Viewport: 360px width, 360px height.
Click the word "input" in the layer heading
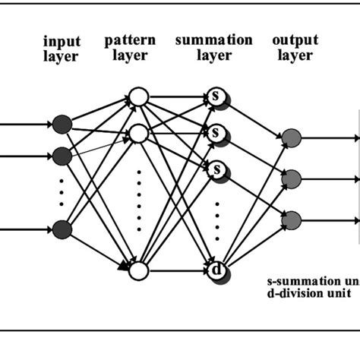click(61, 42)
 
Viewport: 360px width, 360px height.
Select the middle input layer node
click(62, 156)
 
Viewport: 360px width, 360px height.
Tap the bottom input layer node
click(62, 229)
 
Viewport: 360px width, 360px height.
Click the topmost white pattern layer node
click(138, 96)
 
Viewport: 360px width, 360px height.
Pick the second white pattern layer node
click(138, 134)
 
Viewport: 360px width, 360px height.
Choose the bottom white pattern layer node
click(138, 270)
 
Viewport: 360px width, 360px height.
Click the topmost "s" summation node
click(216, 98)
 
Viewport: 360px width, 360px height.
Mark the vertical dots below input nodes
click(62, 193)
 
